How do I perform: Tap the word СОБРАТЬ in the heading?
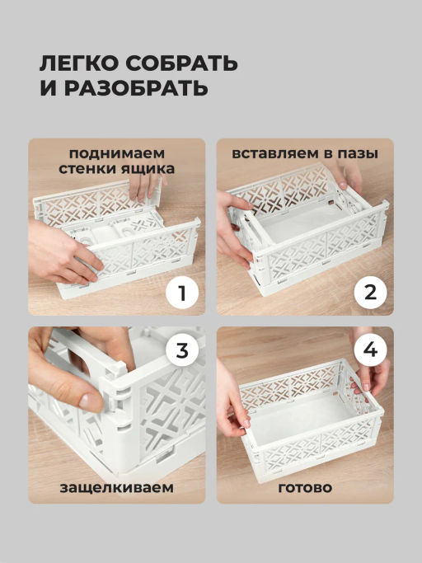point(181,63)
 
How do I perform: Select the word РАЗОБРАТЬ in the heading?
point(137,88)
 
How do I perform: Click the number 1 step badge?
point(182,293)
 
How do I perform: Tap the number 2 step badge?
point(370,293)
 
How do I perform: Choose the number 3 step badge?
point(182,350)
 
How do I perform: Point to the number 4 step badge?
point(370,350)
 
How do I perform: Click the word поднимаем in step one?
point(117,153)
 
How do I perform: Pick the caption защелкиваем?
point(117,488)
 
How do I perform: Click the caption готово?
point(305,488)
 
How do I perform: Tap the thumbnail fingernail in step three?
point(91,401)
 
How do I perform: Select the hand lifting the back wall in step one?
point(145,187)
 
